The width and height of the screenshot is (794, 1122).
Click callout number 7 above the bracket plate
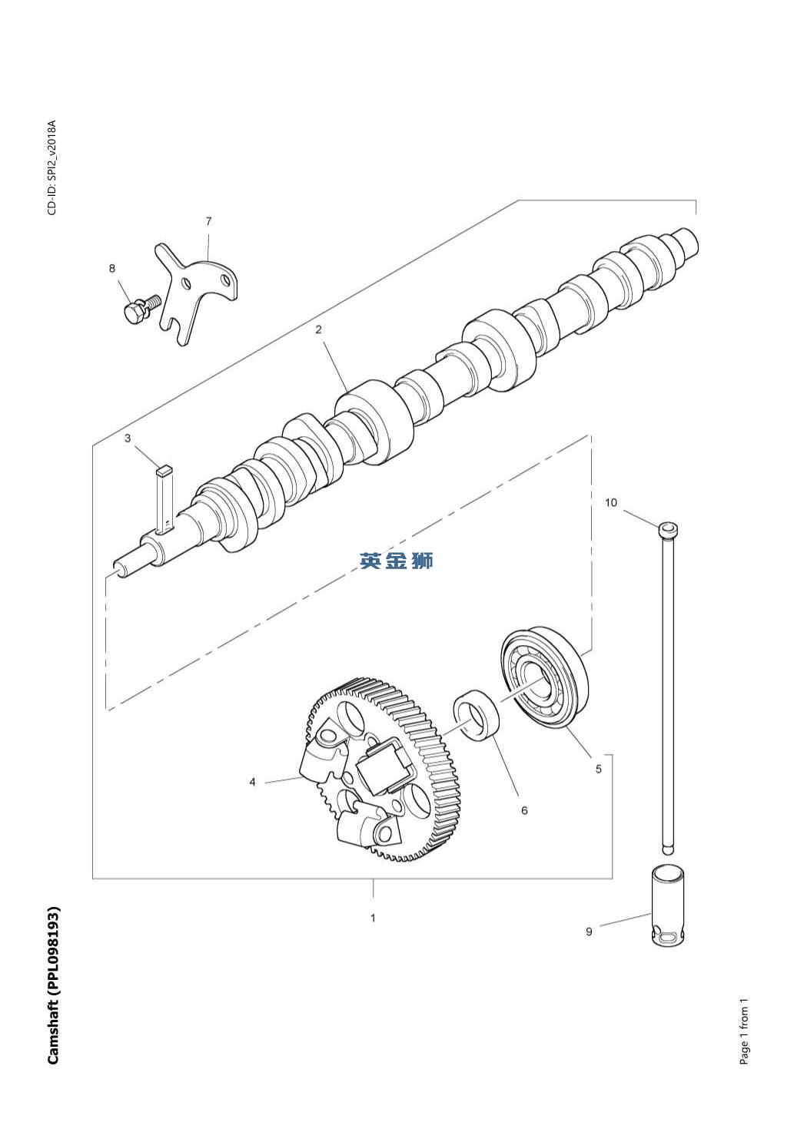208,221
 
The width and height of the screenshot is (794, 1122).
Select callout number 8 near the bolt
111,269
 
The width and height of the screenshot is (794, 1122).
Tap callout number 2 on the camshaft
318,329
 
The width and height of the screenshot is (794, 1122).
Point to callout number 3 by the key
128,439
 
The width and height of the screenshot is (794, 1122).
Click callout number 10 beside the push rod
610,502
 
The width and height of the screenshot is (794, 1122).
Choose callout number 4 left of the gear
252,782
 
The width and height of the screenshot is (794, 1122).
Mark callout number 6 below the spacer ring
524,810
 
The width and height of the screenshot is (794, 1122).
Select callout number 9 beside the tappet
589,932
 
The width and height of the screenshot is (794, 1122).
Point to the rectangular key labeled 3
164,499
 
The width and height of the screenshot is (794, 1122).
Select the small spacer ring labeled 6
477,713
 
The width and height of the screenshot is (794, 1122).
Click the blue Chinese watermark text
396,561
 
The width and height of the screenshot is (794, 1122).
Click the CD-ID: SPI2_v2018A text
52,167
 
